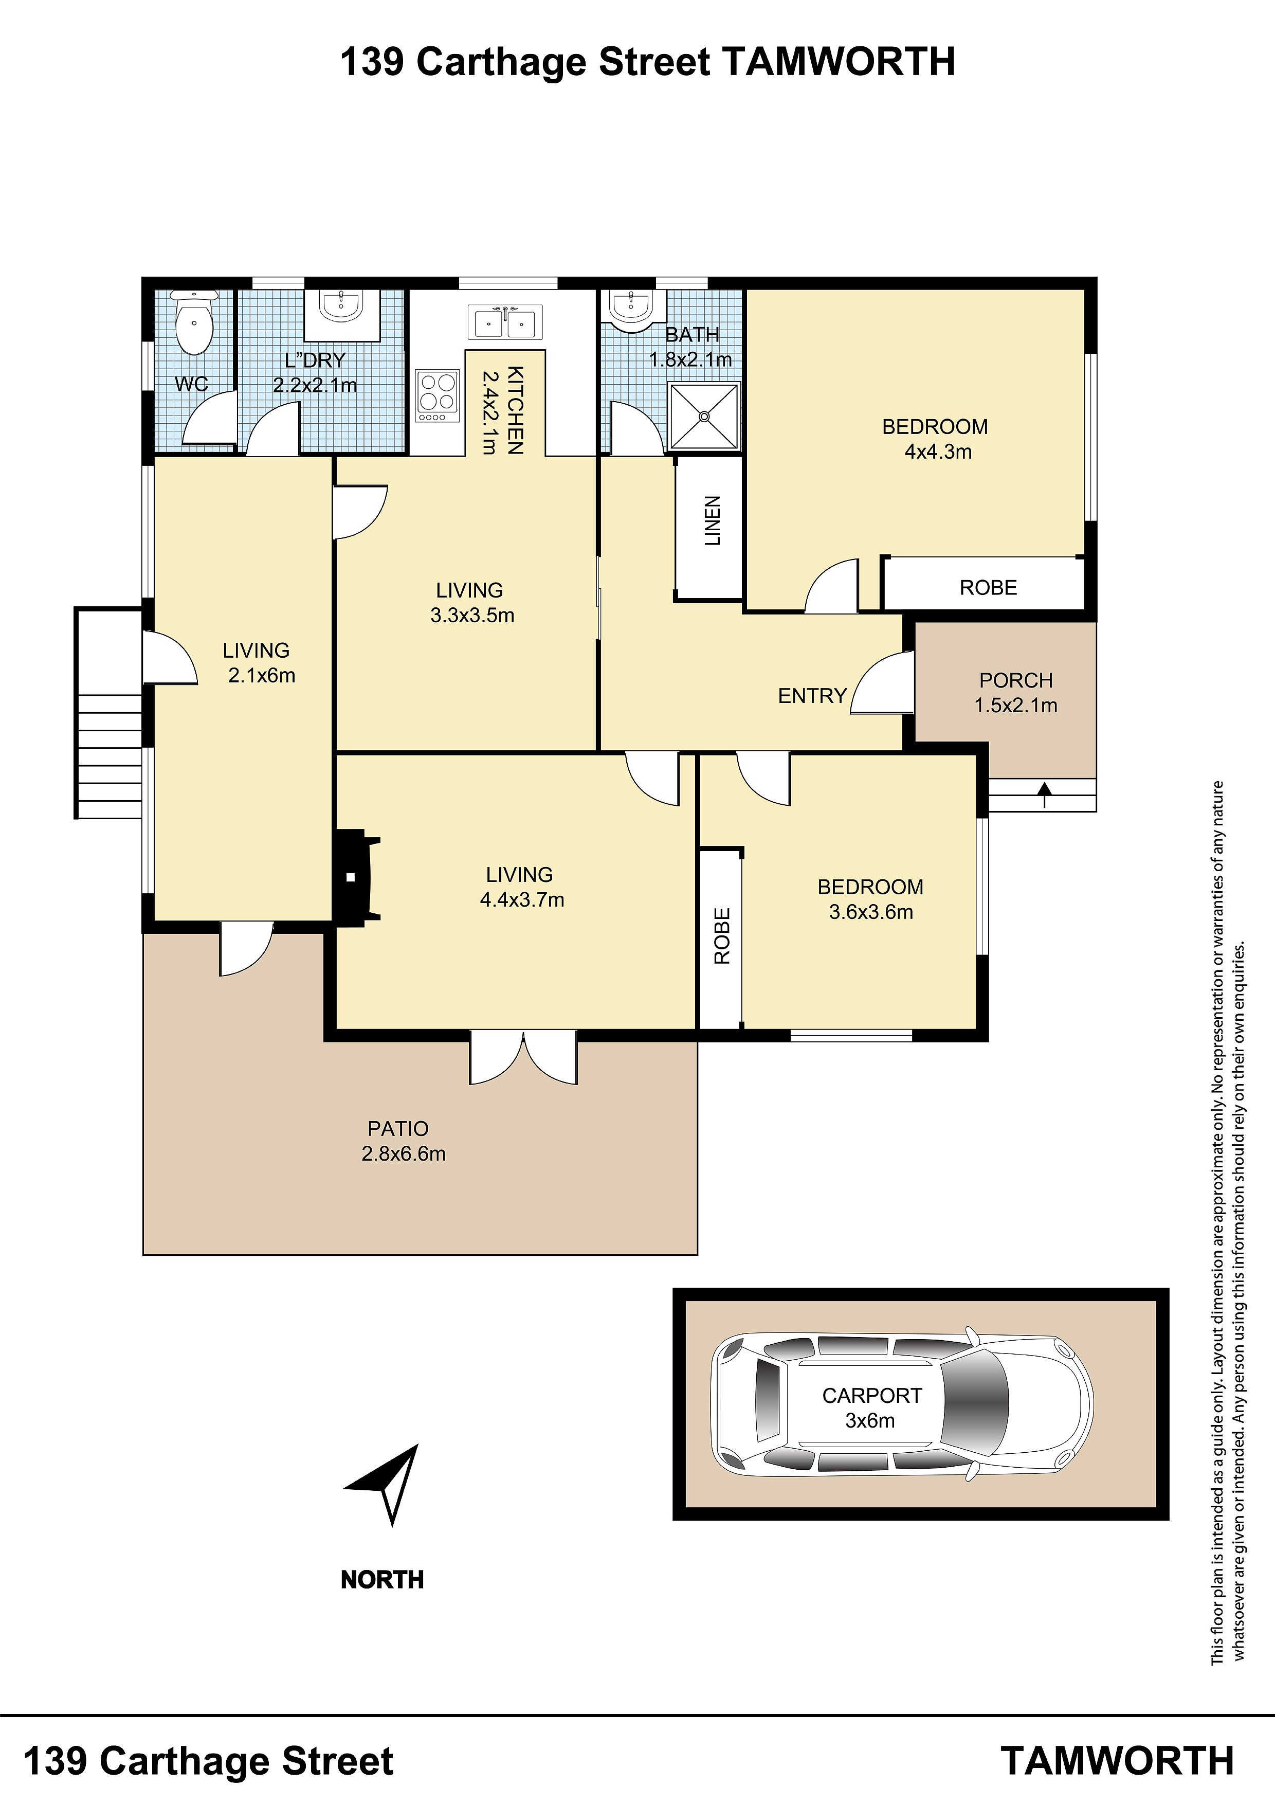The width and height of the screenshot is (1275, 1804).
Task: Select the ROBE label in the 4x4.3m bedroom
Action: [x=988, y=588]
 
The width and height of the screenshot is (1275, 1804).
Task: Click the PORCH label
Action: [x=1016, y=680]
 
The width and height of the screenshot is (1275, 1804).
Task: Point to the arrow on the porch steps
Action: [x=1044, y=795]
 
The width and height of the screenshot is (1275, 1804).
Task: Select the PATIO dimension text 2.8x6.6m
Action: [x=404, y=1153]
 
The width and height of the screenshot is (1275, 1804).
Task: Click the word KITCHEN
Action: [x=515, y=410]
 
